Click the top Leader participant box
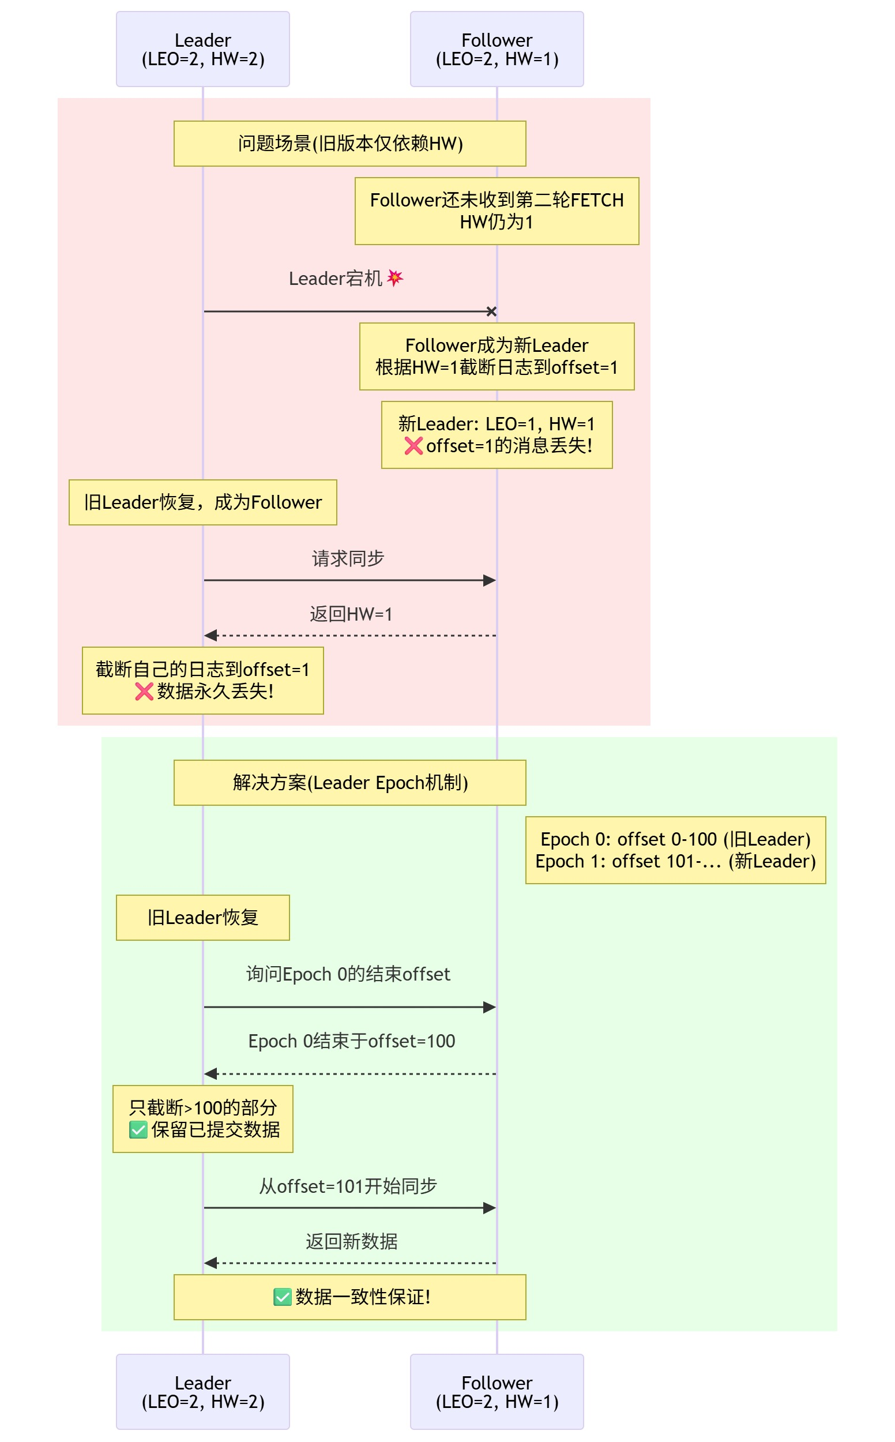(x=203, y=49)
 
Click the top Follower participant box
(x=497, y=49)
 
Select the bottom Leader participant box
(x=203, y=1392)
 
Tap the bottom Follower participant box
(x=497, y=1392)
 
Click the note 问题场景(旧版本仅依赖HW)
(x=350, y=144)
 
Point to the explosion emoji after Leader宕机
(x=395, y=277)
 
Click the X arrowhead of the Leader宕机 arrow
(x=491, y=311)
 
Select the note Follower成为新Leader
(x=497, y=356)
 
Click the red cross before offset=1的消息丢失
(x=413, y=446)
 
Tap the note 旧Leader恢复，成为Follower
(x=203, y=502)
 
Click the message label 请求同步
(x=348, y=558)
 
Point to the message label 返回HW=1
(x=351, y=614)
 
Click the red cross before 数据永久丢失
(x=144, y=692)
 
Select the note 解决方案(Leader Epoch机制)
(x=350, y=783)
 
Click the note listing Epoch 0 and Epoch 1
(x=675, y=850)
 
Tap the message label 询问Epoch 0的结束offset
(x=348, y=974)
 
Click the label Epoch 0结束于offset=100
(x=352, y=1041)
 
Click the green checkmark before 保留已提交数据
(x=138, y=1130)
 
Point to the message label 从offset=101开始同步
(x=348, y=1186)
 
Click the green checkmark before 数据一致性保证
(x=283, y=1297)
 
